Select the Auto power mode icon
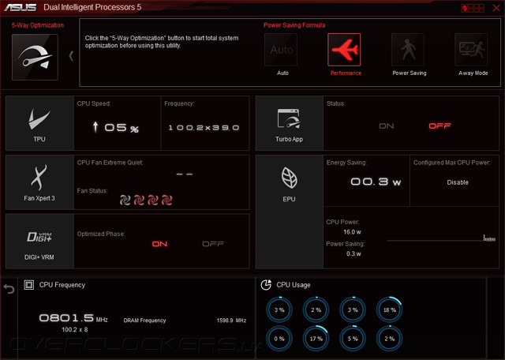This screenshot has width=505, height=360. click(x=282, y=51)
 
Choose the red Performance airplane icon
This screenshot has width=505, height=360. click(x=345, y=51)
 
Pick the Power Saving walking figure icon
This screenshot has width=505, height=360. click(x=410, y=51)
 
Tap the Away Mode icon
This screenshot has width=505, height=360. click(x=471, y=51)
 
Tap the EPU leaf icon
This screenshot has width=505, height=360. click(x=289, y=178)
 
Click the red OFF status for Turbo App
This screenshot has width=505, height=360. click(x=440, y=126)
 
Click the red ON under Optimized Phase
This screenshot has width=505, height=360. click(x=160, y=244)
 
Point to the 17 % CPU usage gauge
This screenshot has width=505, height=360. click(x=316, y=339)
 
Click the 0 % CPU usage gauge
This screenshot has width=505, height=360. click(x=279, y=339)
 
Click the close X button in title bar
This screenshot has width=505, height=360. click(x=494, y=8)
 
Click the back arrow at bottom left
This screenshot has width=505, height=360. click(x=9, y=289)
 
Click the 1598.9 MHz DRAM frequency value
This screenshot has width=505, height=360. click(x=231, y=321)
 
